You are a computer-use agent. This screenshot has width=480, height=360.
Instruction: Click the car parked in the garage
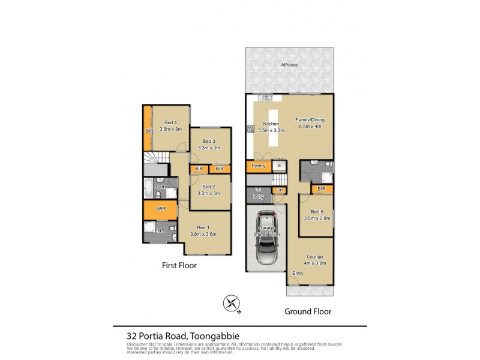tap(266, 238)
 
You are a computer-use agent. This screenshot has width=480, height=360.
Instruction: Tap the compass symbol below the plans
tap(231, 305)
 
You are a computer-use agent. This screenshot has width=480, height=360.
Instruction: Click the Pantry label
tap(259, 166)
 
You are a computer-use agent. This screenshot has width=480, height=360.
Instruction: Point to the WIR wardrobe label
tap(160, 209)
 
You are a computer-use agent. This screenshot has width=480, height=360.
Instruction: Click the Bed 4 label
tap(170, 123)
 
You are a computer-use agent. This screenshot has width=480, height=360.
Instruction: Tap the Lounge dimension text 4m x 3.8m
tap(315, 263)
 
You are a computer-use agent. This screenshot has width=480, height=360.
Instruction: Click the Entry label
tap(298, 273)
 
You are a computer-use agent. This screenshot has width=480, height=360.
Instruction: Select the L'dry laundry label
tap(259, 197)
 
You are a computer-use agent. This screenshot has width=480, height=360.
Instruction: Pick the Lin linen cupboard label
tap(279, 190)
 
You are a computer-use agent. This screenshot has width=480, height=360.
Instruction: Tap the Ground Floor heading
tap(308, 311)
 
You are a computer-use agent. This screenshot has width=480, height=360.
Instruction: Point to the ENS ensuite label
tap(160, 231)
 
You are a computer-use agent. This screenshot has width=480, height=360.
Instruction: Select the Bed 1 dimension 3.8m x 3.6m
tap(204, 234)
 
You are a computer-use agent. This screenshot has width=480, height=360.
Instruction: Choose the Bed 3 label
tap(209, 141)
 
